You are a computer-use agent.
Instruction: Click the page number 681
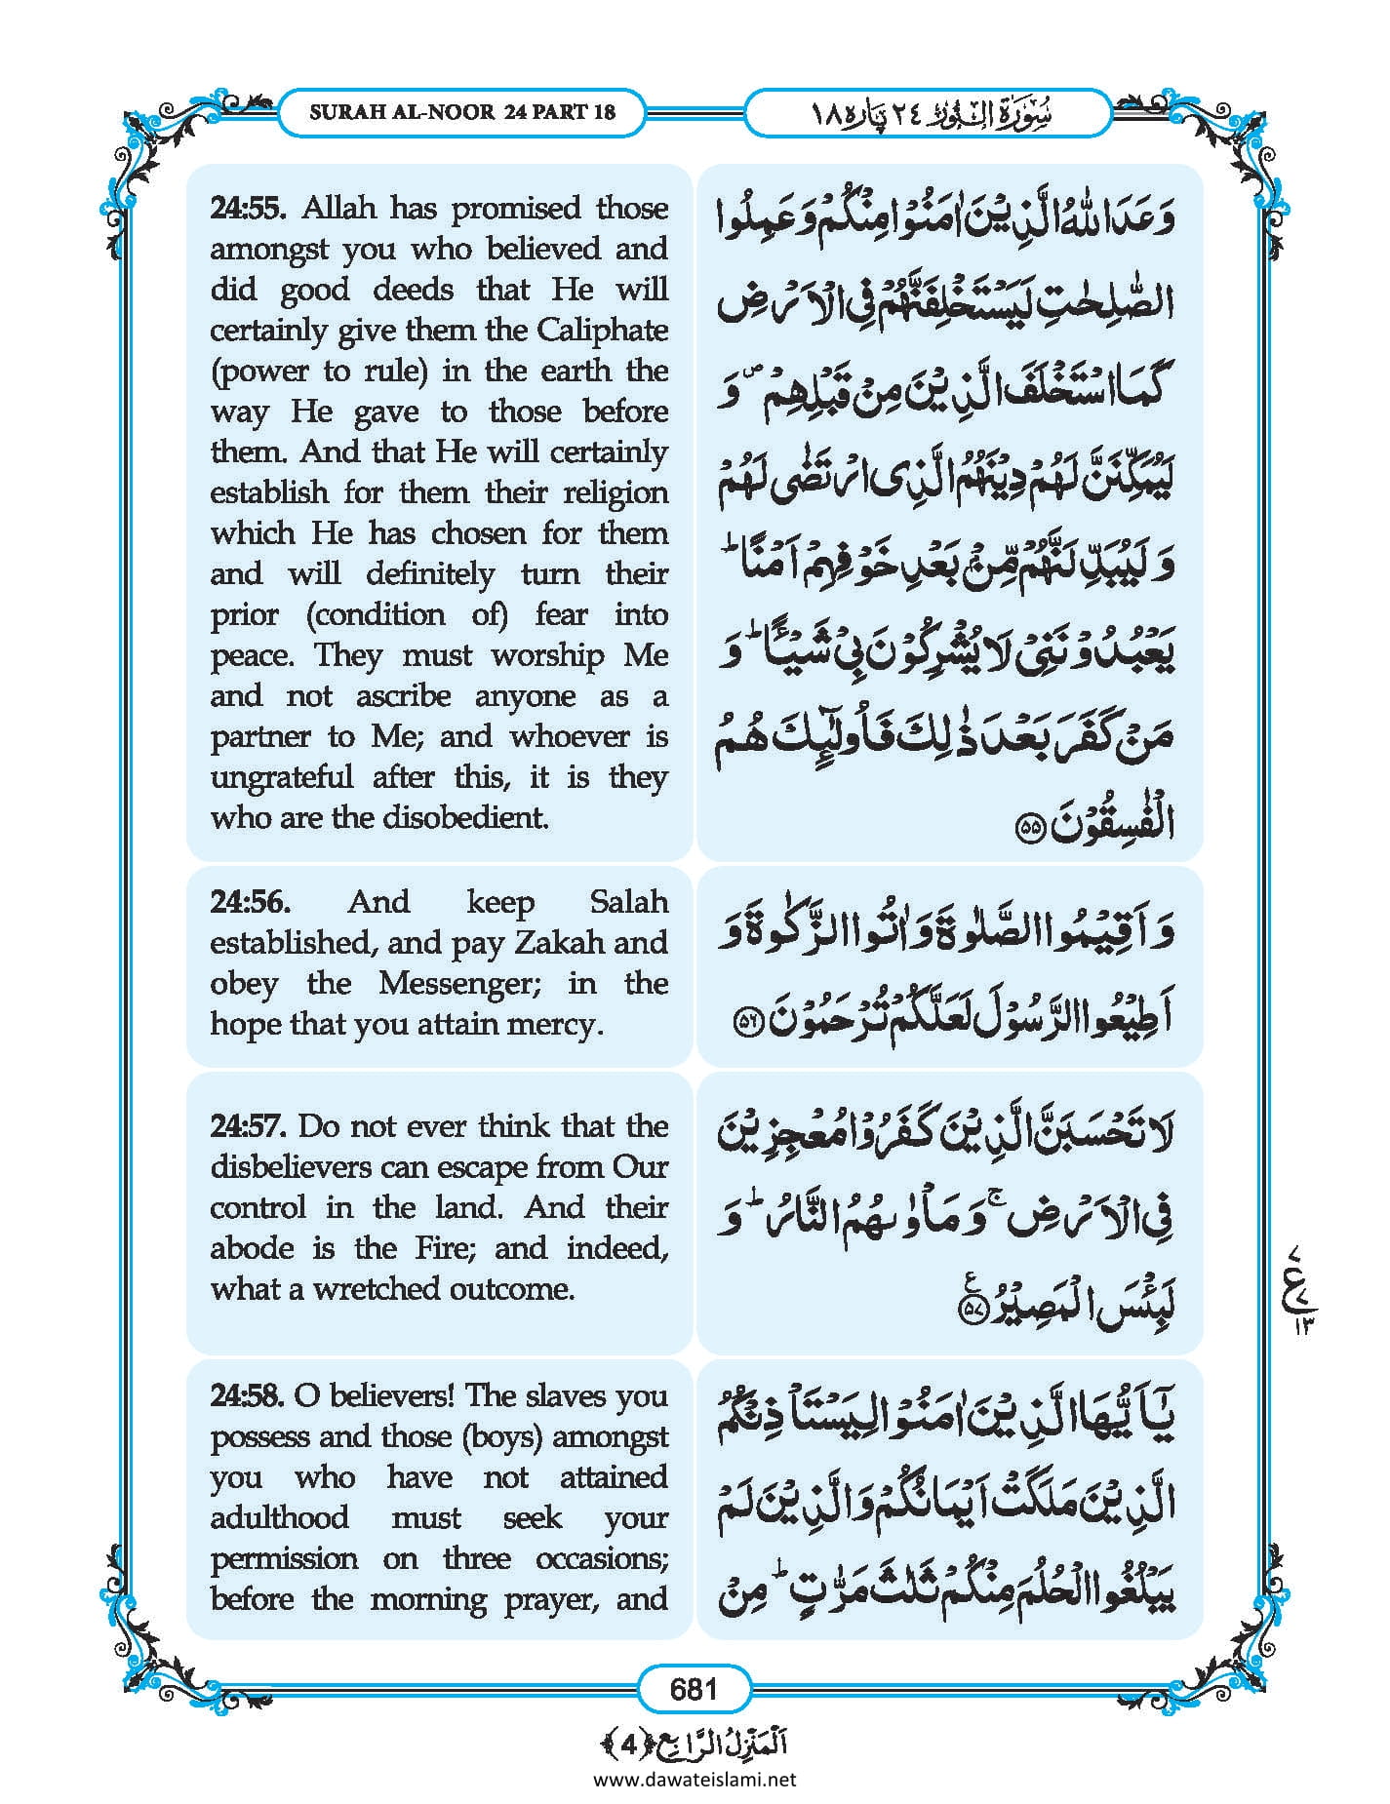click(694, 1688)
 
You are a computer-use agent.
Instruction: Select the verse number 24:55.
click(250, 208)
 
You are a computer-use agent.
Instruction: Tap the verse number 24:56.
click(250, 901)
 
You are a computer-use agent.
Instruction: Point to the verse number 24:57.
click(248, 1126)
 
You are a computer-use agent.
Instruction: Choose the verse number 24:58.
click(248, 1396)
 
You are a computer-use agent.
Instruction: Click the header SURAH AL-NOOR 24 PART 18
click(462, 112)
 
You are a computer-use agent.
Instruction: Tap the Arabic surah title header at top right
click(928, 113)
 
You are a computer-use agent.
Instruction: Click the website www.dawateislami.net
click(695, 1779)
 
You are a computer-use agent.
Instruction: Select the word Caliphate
click(602, 330)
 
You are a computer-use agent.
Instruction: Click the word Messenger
click(458, 983)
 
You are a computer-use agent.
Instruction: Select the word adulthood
click(279, 1518)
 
